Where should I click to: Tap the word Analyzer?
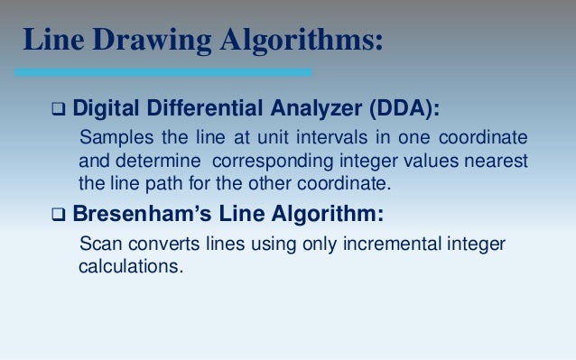pyautogui.click(x=302, y=110)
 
